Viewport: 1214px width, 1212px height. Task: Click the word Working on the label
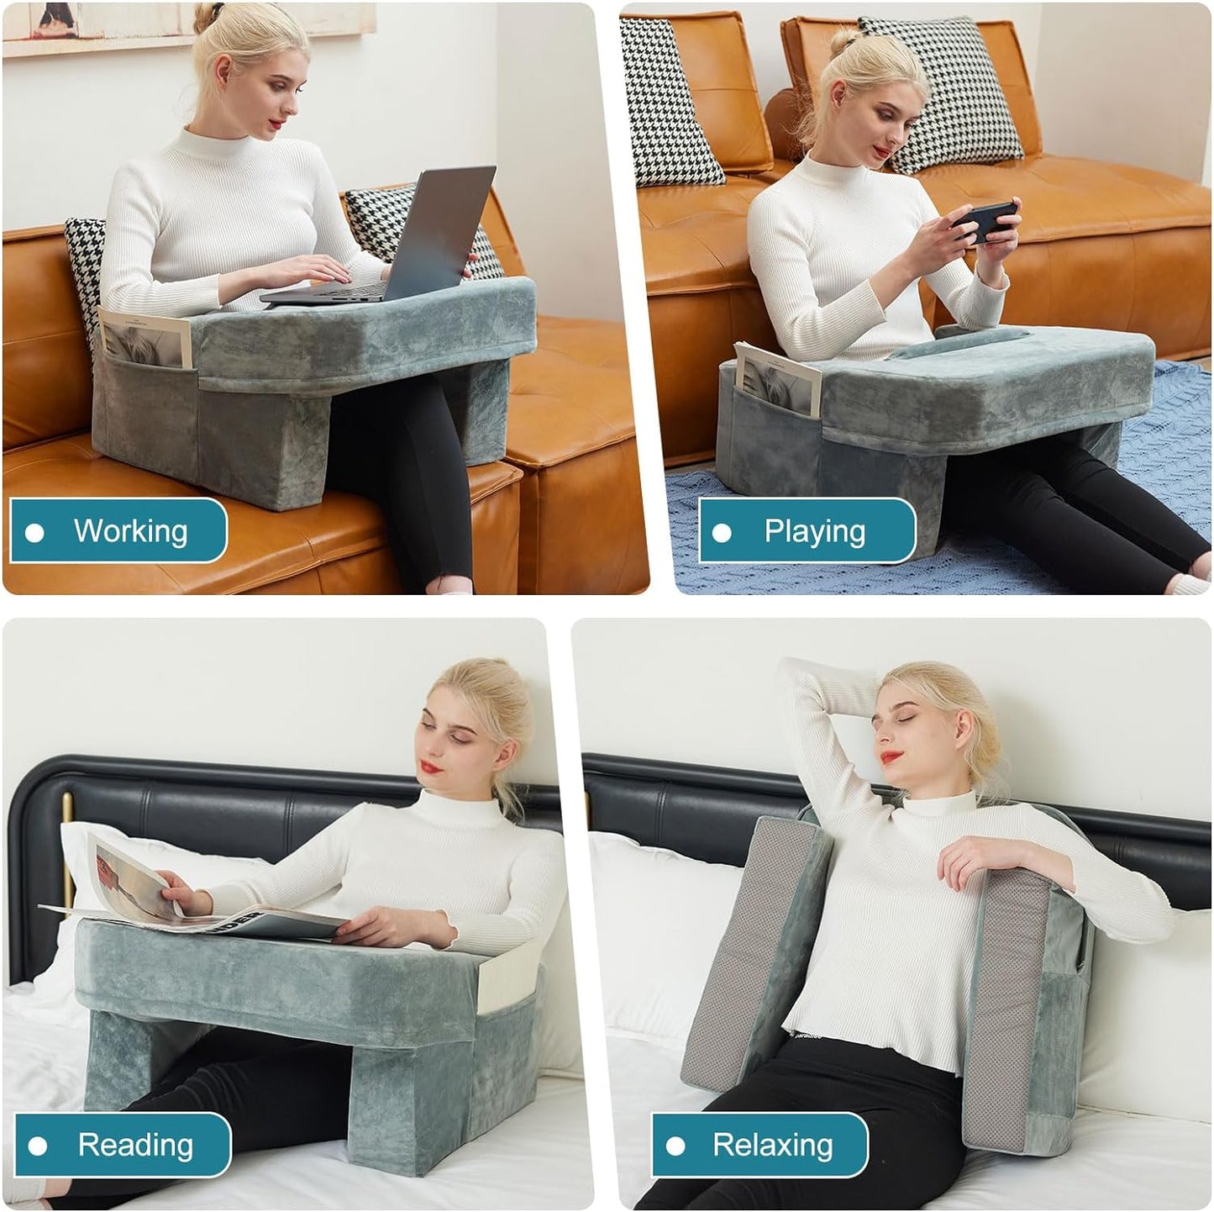click(130, 531)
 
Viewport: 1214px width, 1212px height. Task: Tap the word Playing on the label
click(814, 531)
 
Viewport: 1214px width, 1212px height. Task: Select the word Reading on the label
click(135, 1145)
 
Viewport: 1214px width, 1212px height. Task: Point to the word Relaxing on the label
click(772, 1145)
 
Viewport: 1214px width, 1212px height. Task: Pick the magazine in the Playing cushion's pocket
click(777, 378)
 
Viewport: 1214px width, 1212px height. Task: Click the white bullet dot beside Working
click(35, 533)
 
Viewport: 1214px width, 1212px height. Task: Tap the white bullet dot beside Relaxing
click(675, 1146)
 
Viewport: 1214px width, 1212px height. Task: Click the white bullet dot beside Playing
click(722, 533)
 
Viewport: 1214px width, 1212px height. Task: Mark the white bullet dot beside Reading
click(38, 1146)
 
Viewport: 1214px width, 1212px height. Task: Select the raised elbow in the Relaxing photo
click(794, 672)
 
